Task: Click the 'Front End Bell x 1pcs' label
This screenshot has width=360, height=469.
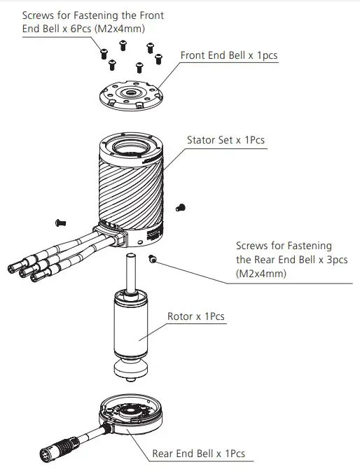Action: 229,55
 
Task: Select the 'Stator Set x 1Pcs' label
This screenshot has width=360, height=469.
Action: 226,140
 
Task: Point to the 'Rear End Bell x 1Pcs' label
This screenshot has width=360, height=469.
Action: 199,453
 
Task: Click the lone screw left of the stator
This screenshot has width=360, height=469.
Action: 60,223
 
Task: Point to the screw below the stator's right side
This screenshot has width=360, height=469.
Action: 153,260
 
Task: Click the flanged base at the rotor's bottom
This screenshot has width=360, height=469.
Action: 132,368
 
